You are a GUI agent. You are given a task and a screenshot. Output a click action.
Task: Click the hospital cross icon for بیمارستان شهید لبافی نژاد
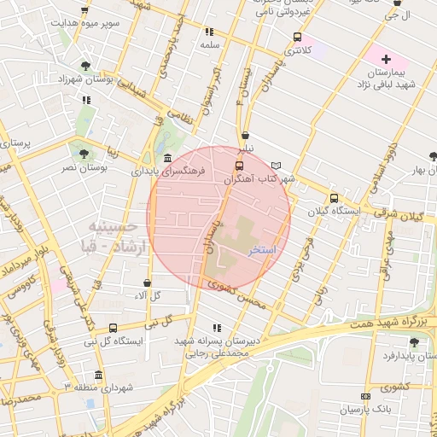click(387, 59)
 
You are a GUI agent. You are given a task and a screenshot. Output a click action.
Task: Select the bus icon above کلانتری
click(297, 37)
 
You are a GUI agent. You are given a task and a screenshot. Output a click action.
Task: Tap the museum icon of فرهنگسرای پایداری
click(166, 159)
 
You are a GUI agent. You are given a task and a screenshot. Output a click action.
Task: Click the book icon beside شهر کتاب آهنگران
click(275, 166)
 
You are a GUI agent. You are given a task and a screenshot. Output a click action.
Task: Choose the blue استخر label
click(261, 252)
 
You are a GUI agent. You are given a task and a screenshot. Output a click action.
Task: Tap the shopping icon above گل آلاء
click(147, 283)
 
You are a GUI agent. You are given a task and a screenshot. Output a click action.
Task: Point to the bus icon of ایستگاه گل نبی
click(114, 328)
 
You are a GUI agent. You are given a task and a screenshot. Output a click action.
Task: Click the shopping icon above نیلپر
click(246, 134)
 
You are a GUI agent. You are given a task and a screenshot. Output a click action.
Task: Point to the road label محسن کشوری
click(242, 294)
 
